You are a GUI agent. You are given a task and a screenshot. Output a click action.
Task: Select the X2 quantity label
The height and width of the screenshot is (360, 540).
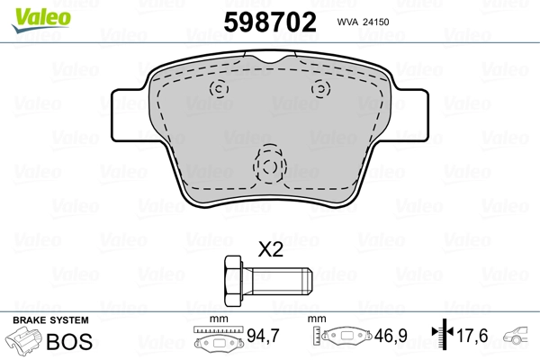pos(270,250)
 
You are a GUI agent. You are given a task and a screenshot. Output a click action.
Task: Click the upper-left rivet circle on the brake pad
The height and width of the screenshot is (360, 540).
pos(217,89)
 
